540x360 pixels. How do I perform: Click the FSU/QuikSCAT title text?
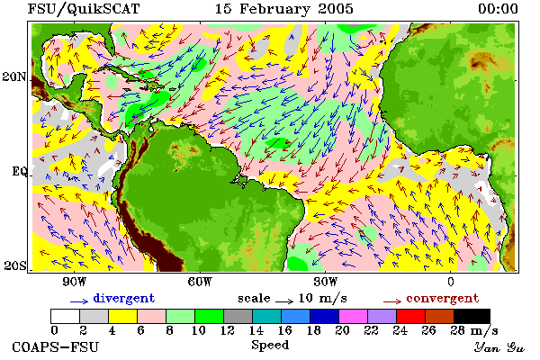pyautogui.click(x=84, y=9)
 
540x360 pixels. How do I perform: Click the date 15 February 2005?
pyautogui.click(x=284, y=9)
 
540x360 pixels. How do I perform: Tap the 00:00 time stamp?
pyautogui.click(x=498, y=9)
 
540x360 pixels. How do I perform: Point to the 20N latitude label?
pyautogui.click(x=14, y=76)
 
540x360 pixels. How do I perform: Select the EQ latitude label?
pyautogui.click(x=19, y=171)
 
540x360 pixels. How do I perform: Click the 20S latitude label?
pyautogui.click(x=14, y=265)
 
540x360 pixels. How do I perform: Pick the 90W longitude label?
pyautogui.click(x=74, y=282)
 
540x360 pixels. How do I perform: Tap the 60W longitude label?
pyautogui.click(x=200, y=282)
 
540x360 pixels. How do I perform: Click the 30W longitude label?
pyautogui.click(x=325, y=282)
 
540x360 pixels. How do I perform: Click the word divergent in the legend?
pyautogui.click(x=124, y=298)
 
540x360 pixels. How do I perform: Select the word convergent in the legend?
pyautogui.click(x=443, y=298)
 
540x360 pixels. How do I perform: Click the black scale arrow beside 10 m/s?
pyautogui.click(x=284, y=301)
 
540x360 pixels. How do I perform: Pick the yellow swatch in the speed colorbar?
pyautogui.click(x=122, y=316)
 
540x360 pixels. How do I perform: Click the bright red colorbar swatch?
pyautogui.click(x=410, y=316)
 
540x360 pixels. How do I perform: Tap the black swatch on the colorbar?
pyautogui.click(x=472, y=316)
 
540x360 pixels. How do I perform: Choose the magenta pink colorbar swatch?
pyautogui.click(x=353, y=316)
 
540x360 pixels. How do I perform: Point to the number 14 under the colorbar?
pyautogui.click(x=256, y=330)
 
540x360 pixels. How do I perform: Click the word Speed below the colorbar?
pyautogui.click(x=270, y=346)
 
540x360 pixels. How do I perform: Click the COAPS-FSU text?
pyautogui.click(x=55, y=347)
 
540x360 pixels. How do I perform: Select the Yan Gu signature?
pyautogui.click(x=499, y=347)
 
